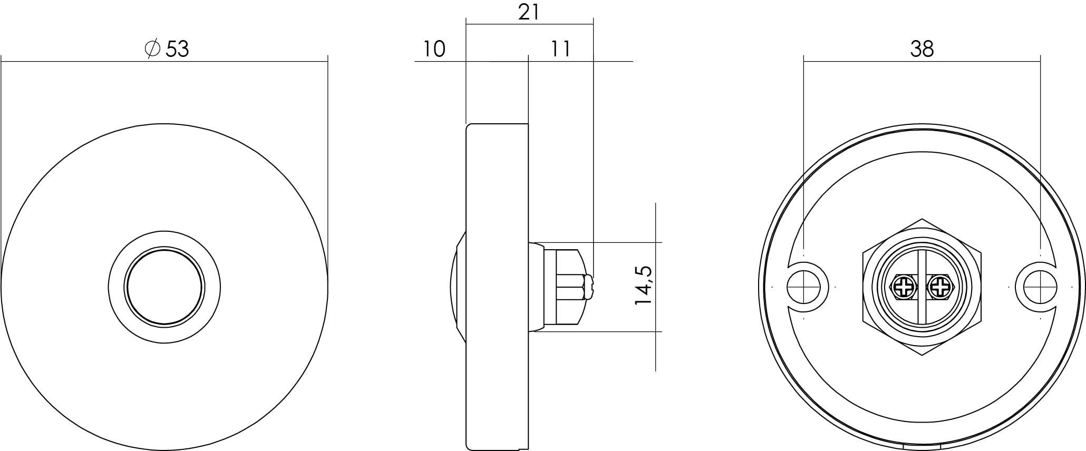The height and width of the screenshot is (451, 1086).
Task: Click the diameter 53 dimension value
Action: tap(177, 49)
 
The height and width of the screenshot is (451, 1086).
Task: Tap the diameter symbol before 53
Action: tap(152, 48)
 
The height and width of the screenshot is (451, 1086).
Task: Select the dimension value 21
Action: tap(529, 13)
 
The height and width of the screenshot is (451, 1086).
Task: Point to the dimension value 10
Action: tap(434, 49)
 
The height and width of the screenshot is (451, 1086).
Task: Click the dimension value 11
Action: tap(560, 49)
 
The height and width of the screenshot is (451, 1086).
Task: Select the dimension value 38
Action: tap(922, 49)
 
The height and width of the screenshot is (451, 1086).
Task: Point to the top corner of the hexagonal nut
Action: tap(922, 219)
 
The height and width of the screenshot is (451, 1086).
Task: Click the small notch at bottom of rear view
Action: tap(922, 447)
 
